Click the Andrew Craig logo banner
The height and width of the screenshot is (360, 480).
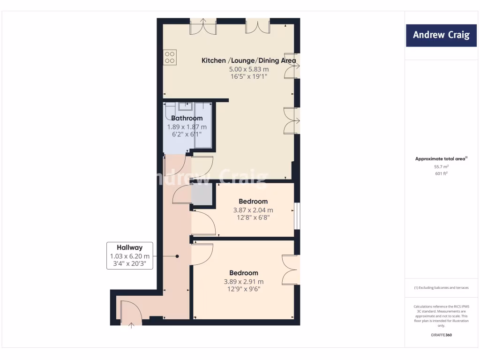coord(441,35)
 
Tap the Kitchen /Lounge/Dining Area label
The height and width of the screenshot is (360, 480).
coord(248,60)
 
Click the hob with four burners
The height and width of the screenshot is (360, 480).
coord(170,57)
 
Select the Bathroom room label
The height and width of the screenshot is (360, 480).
coord(187,118)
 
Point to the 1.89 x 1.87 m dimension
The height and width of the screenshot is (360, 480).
coord(187,127)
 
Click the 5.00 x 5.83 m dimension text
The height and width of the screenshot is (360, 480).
coord(248,69)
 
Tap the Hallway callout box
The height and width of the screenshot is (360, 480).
coord(130,255)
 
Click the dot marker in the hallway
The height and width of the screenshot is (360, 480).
coord(177,256)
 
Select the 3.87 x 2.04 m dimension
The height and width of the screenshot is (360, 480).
coord(253,210)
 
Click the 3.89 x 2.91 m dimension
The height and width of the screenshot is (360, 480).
coord(244,282)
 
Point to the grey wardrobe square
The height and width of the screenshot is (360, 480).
coord(202,194)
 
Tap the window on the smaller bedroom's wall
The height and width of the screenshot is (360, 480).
coord(297,216)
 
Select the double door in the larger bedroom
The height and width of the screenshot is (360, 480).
coord(291,270)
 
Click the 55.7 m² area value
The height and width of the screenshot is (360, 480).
coord(441,166)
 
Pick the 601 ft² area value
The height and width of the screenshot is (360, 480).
coord(441,174)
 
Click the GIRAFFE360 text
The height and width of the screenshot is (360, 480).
coord(441,335)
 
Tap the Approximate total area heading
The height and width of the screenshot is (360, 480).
coord(441,159)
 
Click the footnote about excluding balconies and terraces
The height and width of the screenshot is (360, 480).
coord(441,288)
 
